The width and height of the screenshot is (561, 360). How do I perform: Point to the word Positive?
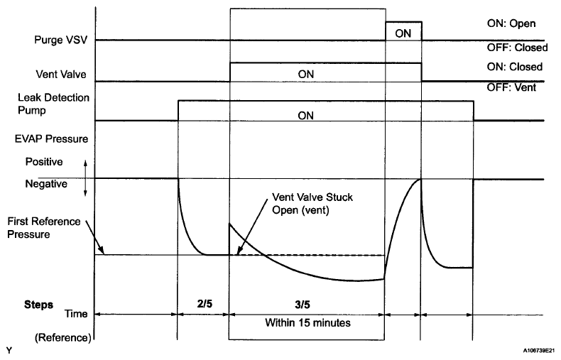pyautogui.click(x=44, y=162)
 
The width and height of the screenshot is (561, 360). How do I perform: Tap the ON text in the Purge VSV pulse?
pyautogui.click(x=403, y=32)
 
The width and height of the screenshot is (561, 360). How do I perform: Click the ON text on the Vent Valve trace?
pyautogui.click(x=306, y=74)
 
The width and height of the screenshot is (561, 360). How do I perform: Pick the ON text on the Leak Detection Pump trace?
pyautogui.click(x=306, y=115)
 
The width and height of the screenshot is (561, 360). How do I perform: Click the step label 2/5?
pyautogui.click(x=203, y=304)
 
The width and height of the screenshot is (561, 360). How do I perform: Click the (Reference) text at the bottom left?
pyautogui.click(x=48, y=337)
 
